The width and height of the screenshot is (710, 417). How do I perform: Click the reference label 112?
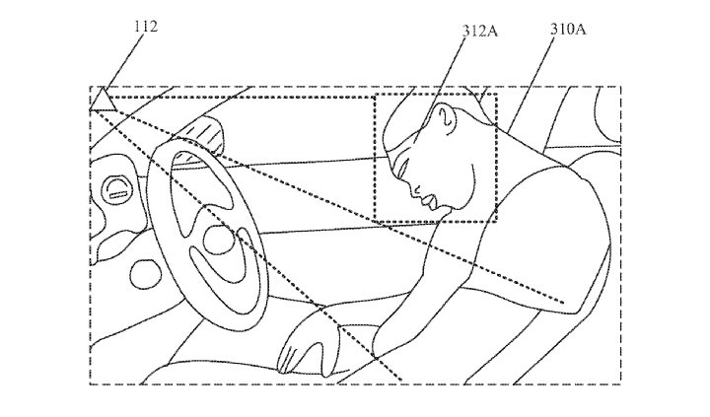[146, 27]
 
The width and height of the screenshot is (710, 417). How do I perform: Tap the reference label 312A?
[479, 32]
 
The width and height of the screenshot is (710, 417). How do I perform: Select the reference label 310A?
[568, 30]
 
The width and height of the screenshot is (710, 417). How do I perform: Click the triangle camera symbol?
[104, 100]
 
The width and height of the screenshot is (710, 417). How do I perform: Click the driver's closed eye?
[402, 169]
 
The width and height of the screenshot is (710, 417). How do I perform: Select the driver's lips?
[430, 200]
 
